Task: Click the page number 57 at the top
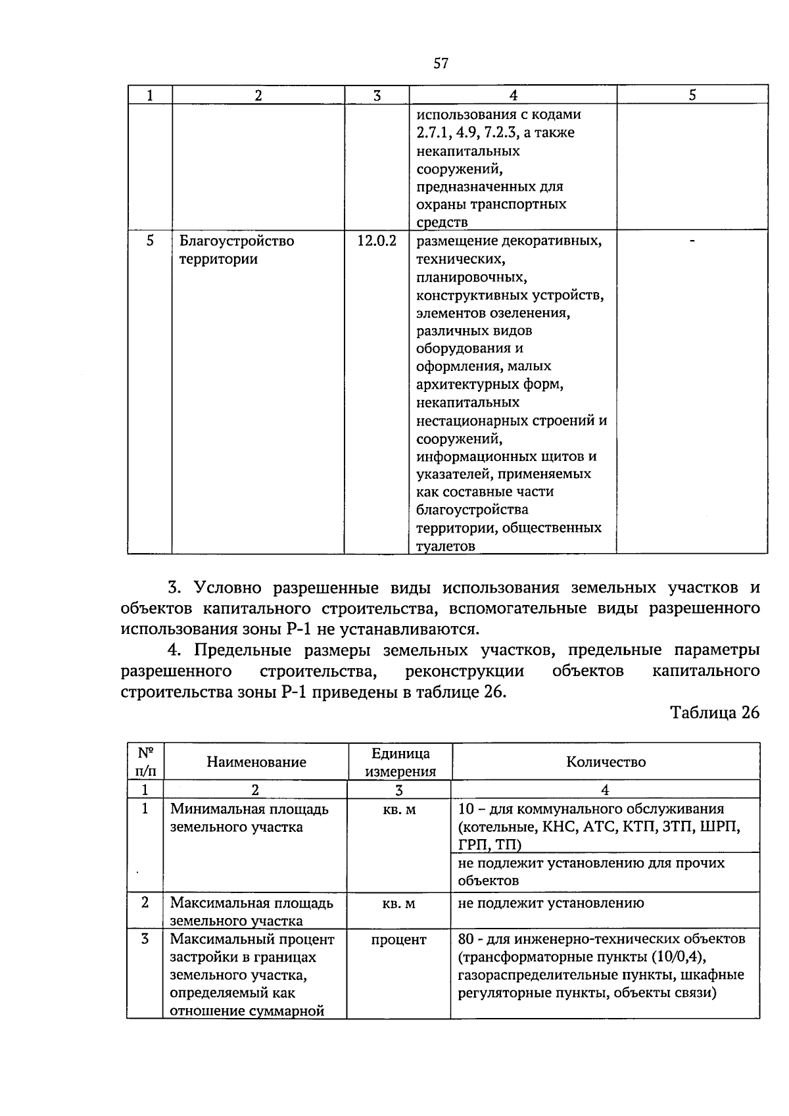(x=441, y=64)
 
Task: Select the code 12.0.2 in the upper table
(x=377, y=241)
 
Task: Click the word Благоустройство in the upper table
(x=236, y=241)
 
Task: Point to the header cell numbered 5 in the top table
(x=692, y=95)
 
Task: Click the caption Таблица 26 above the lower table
(x=715, y=713)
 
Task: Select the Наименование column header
(x=256, y=762)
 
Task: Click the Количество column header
(x=606, y=762)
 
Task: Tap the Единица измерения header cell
(x=400, y=762)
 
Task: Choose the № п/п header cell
(x=145, y=762)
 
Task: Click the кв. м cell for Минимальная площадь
(x=399, y=810)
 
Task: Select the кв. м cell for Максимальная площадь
(x=399, y=904)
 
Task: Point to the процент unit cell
(x=399, y=940)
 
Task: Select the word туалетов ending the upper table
(x=445, y=546)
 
